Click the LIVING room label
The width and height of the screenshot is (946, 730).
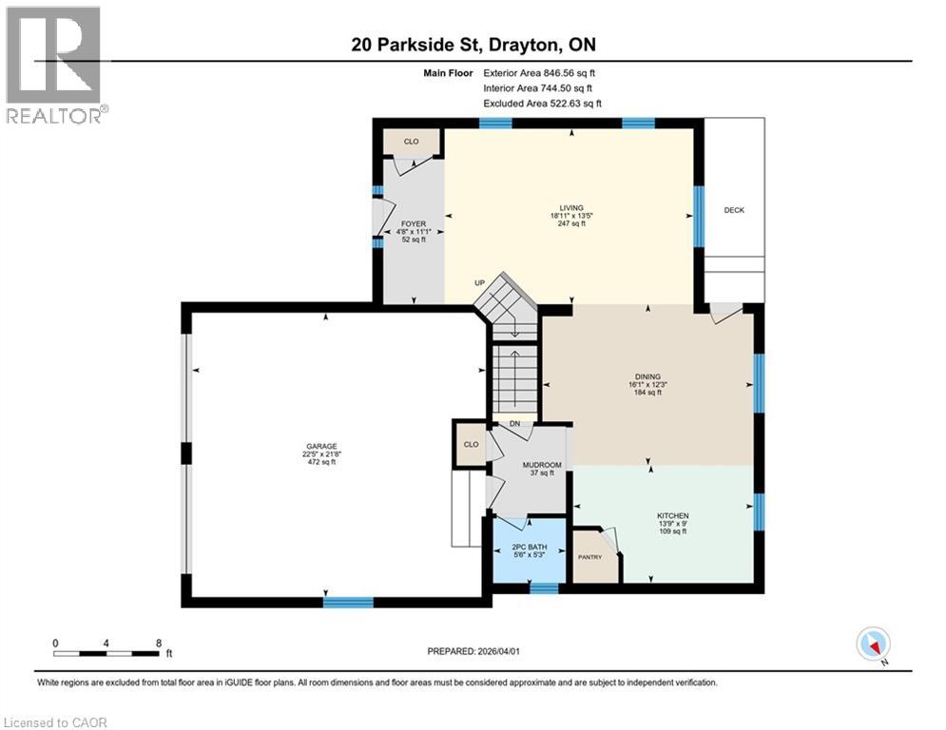coord(570,208)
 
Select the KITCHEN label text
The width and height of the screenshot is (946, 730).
coord(671,516)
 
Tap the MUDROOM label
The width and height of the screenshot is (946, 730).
coord(542,465)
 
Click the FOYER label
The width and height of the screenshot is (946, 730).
coord(413,224)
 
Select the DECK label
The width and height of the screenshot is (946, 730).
coord(733,210)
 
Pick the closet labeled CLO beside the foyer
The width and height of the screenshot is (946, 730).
coord(411,142)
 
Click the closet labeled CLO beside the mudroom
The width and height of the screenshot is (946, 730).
coord(470,444)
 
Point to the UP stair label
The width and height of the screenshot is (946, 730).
coord(481,283)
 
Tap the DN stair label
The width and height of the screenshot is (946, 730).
coord(514,424)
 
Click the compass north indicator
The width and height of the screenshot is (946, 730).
coord(872,645)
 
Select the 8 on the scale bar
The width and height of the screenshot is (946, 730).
coord(157,643)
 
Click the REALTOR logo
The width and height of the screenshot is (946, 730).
coord(55,65)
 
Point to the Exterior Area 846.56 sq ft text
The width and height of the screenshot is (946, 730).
coord(539,72)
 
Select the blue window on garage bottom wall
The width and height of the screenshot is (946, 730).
coord(348,601)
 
